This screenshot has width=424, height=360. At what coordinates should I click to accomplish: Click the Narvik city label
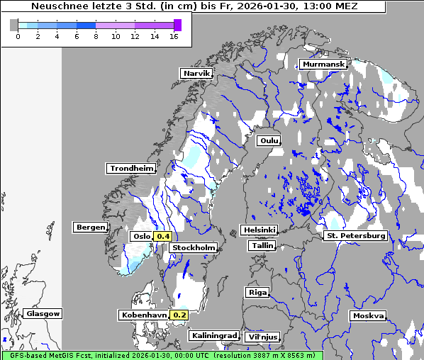coord(197,73)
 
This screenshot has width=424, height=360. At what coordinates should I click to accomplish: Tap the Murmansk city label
coord(323,64)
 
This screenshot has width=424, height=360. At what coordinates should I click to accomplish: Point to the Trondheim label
coord(131,169)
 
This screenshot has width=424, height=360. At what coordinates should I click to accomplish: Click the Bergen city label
coord(90,227)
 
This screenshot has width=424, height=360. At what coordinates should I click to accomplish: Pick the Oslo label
coord(141,237)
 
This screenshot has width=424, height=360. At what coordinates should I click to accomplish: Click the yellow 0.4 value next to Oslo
coord(163,237)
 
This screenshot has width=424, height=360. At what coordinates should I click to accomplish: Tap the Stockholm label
coord(194,247)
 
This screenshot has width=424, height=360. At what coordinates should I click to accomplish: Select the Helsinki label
coord(259,230)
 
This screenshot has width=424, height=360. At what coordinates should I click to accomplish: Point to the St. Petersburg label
coord(355,235)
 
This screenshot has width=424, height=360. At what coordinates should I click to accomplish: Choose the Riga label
coord(257,292)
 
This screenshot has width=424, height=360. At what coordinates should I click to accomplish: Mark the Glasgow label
coord(43,313)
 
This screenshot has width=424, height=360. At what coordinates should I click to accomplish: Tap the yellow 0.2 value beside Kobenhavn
coord(179,315)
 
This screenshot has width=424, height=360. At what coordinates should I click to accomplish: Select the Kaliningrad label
coord(213,335)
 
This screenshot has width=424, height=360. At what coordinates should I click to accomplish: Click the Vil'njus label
coord(262,337)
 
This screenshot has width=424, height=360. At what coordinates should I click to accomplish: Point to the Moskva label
coord(368,315)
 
